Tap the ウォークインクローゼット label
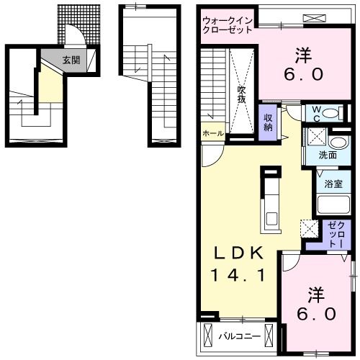pos(228,25)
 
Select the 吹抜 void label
pos(243,94)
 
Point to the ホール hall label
pos(212,133)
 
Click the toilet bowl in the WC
pos(328,113)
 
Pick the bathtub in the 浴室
pos(333,204)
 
